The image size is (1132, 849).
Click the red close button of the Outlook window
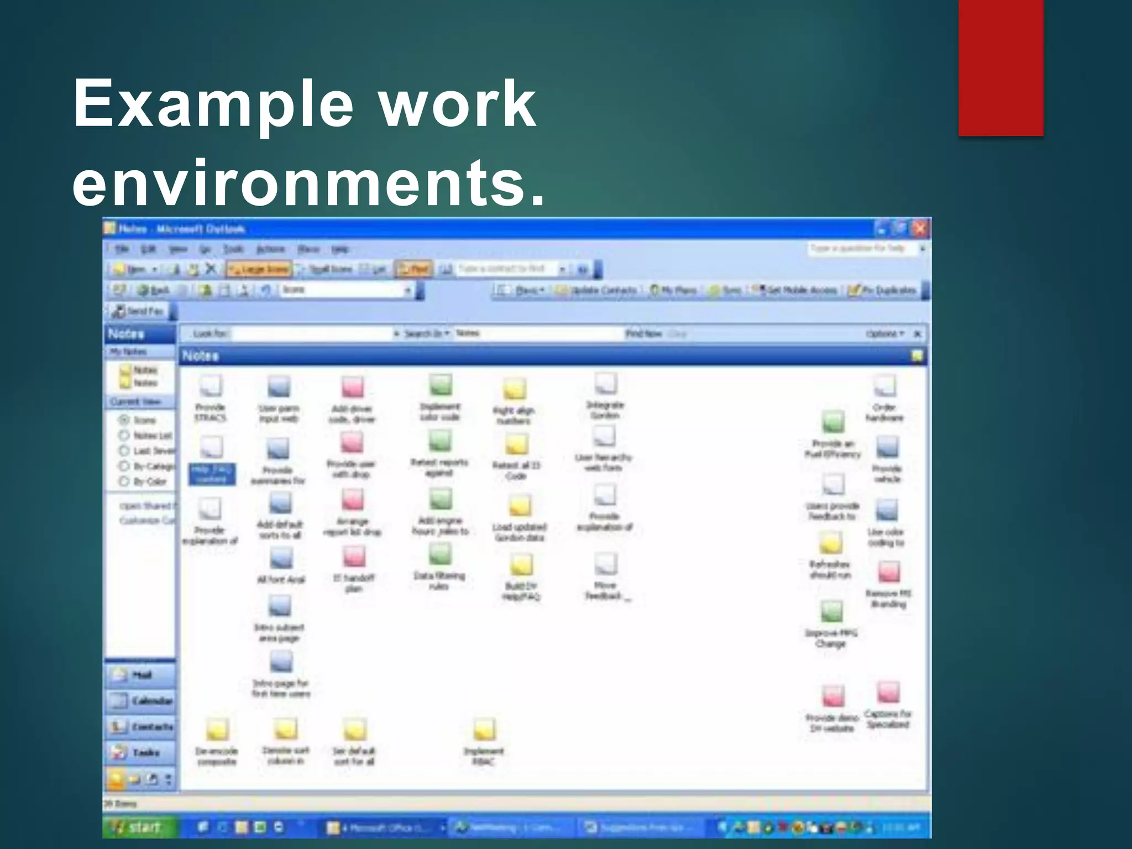click(920, 228)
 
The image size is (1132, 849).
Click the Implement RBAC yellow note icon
click(484, 730)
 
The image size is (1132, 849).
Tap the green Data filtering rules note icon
click(440, 554)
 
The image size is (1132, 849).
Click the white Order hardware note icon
click(884, 386)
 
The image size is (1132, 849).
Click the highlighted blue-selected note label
click(212, 474)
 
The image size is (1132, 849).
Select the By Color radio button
click(124, 481)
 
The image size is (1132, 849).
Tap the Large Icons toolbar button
click(259, 269)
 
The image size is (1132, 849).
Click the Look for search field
click(312, 334)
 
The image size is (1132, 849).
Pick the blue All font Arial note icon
click(281, 559)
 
